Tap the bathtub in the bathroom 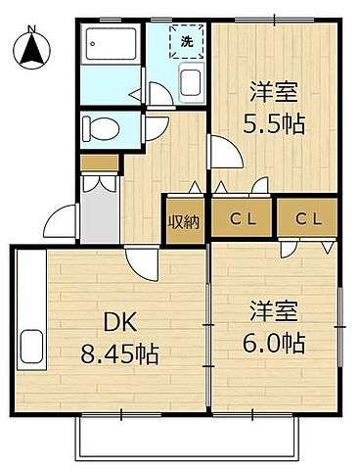point(112,45)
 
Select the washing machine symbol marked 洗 point(187,41)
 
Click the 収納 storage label point(184,221)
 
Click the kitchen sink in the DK point(30,347)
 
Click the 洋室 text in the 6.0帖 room point(274,313)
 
